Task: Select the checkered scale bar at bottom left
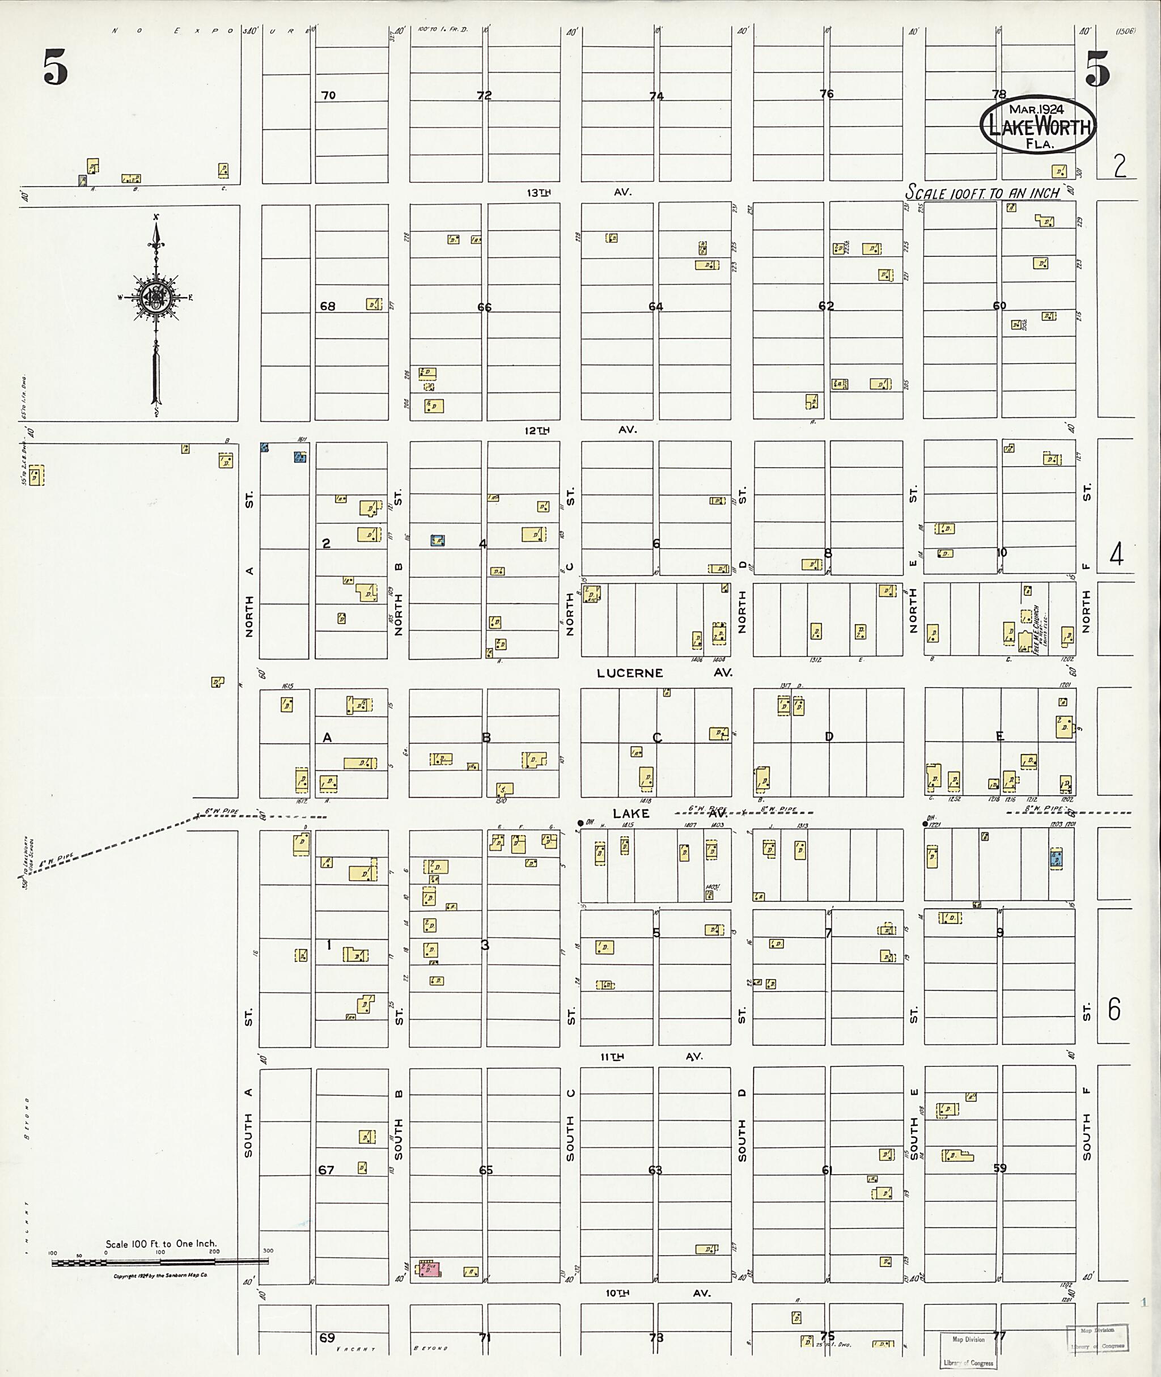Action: click(x=160, y=1262)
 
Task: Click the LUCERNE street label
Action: click(x=630, y=673)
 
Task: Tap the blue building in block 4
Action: click(x=437, y=540)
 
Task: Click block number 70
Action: click(x=328, y=95)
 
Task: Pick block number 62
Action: click(x=826, y=306)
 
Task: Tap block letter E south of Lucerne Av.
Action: click(x=1000, y=736)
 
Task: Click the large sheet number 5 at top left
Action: click(x=56, y=69)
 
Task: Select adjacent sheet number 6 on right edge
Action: click(x=1113, y=1009)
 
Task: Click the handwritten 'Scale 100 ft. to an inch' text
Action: click(x=982, y=193)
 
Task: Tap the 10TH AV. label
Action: click(x=658, y=1293)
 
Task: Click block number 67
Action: click(x=326, y=1170)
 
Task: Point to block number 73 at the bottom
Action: click(x=655, y=1337)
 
